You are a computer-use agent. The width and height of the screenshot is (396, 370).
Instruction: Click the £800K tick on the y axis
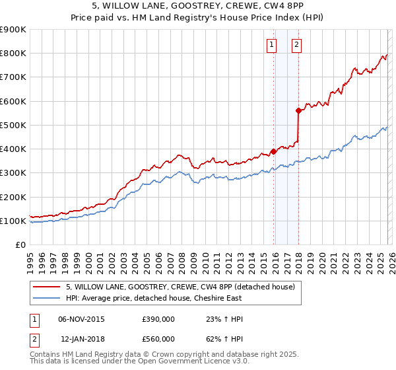[13, 54]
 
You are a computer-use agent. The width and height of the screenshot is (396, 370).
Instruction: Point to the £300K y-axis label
[13, 173]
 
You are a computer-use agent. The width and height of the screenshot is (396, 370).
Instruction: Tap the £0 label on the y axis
[20, 245]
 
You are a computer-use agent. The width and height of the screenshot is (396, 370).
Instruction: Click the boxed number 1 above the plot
[272, 45]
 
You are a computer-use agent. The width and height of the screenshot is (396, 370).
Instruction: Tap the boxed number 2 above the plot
[296, 45]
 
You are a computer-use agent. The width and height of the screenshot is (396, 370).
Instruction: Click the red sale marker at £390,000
[273, 151]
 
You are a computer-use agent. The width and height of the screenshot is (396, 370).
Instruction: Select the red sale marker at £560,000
[298, 111]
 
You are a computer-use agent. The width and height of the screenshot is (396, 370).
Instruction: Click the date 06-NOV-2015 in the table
[82, 319]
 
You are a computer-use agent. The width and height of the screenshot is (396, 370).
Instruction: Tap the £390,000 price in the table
[158, 319]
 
